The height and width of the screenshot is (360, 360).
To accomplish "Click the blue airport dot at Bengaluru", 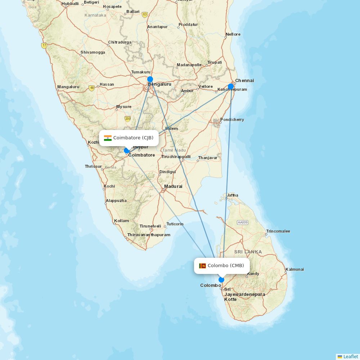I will click(150, 79).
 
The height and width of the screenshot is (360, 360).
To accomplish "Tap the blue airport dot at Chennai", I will click(231, 86).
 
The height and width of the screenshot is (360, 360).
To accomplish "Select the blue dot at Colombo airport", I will click(221, 280).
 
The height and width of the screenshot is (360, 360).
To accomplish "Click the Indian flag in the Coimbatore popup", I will click(108, 138).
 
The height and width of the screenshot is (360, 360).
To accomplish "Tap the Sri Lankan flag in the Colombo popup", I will click(202, 266).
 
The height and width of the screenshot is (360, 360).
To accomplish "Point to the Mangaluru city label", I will click(68, 87).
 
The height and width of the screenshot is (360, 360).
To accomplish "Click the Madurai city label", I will click(173, 186).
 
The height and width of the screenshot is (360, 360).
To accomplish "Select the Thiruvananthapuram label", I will click(149, 235).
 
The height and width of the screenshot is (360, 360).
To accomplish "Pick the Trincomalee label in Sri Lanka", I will click(278, 231).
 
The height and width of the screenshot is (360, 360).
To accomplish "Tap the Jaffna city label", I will click(232, 195).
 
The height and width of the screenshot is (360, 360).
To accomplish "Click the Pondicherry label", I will click(232, 120).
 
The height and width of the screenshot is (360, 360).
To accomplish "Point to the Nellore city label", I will click(233, 34).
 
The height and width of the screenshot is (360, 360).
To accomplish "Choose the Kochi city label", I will click(109, 186).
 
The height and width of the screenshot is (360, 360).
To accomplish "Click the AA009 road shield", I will click(243, 222).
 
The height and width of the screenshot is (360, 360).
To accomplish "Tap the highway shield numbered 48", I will click(92, 88).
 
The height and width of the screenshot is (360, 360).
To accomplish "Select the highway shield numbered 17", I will click(44, 46).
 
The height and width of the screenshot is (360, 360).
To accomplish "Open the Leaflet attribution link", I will click(350, 356).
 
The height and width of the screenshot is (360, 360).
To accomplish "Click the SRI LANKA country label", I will click(248, 252).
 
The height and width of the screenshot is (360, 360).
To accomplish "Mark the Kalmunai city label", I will click(294, 269).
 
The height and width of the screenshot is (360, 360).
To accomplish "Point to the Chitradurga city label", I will click(120, 42).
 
